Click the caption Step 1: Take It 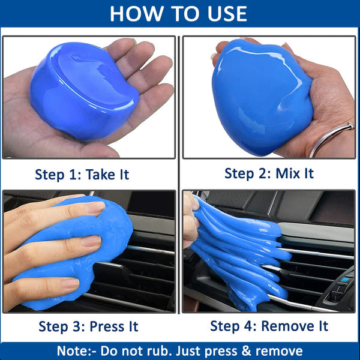tap(82, 175)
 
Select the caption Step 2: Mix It tap(269, 173)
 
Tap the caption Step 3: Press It tap(88, 326)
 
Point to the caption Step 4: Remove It tap(269, 326)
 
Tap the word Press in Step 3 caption tap(106, 326)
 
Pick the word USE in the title tap(223, 13)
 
